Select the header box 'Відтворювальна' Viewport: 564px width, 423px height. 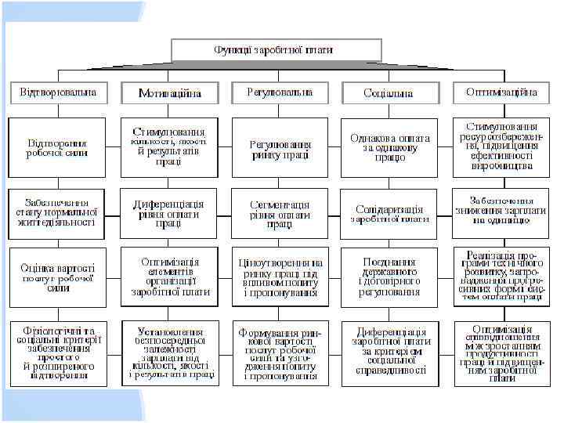coord(58,92)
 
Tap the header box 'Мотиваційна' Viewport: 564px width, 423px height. coord(169,93)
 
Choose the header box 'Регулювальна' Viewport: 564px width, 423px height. coord(280,92)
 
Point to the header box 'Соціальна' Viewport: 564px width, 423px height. coord(389,93)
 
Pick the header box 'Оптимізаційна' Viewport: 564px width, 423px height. coord(501,92)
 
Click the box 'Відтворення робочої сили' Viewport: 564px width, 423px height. coord(57,147)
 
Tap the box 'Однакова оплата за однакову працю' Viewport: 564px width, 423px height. coord(389,147)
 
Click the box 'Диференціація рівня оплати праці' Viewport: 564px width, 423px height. coord(168,213)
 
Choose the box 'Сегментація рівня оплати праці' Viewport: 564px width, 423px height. coord(280,214)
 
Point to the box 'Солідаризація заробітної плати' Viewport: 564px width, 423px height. coord(389,214)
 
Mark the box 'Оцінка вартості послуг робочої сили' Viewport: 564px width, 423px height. coord(57,277)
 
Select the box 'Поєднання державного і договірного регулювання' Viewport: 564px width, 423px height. coord(389,277)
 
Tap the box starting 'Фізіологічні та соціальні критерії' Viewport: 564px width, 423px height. coord(57,352)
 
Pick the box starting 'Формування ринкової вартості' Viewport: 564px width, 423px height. coord(280,353)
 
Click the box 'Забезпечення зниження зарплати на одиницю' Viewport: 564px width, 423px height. coord(501,211)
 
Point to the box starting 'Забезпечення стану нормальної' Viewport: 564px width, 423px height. coord(57,211)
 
